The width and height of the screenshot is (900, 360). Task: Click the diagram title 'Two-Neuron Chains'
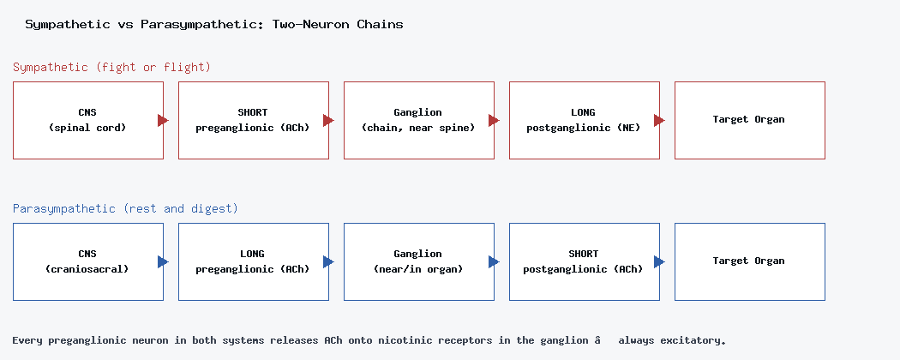coord(338,25)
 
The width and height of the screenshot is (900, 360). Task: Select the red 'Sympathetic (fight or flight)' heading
coord(112,67)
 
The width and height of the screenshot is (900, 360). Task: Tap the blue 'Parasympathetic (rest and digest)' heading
coord(125,208)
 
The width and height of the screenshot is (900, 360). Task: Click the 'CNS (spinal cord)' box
coord(87,121)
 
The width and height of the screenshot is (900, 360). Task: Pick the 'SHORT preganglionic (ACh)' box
coord(253,121)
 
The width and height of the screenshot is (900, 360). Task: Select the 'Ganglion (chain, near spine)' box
coord(418,121)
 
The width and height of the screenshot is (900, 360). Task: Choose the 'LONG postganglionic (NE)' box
coord(584,121)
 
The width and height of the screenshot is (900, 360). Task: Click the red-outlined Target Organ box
coord(749,121)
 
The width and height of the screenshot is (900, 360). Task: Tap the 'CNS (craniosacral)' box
coord(87,261)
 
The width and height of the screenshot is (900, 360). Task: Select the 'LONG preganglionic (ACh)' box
coord(253,261)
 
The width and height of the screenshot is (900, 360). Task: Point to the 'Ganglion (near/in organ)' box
coord(418,261)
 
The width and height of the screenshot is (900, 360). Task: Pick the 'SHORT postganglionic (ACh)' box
coord(584,261)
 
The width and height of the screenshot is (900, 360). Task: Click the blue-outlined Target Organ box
coord(749,261)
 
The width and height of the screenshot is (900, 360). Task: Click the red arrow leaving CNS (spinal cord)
coord(163,121)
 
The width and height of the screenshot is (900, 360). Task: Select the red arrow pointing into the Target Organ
coord(659,121)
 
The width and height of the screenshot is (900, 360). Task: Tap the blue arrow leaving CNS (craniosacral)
coord(163,261)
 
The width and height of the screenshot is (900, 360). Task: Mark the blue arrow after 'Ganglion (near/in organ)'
coord(494,261)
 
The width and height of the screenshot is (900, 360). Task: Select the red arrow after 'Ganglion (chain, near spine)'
coord(494,121)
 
